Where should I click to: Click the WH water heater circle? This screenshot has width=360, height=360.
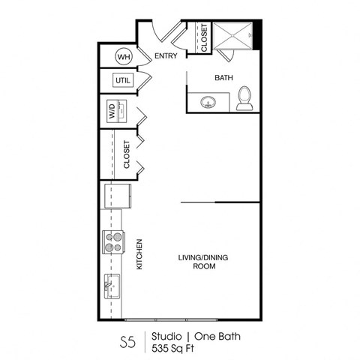click(x=123, y=56)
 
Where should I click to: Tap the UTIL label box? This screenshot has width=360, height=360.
click(x=122, y=80)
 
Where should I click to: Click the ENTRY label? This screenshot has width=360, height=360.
click(x=165, y=56)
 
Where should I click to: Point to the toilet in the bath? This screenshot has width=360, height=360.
click(x=244, y=98)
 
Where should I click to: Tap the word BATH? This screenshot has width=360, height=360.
click(x=223, y=77)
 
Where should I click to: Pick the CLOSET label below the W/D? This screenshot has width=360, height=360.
click(x=127, y=154)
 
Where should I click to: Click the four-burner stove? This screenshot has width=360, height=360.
click(x=113, y=241)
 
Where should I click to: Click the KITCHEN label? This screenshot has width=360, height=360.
click(x=139, y=254)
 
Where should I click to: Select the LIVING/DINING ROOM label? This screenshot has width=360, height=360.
click(x=202, y=262)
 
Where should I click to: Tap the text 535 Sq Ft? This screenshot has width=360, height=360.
click(x=172, y=349)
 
